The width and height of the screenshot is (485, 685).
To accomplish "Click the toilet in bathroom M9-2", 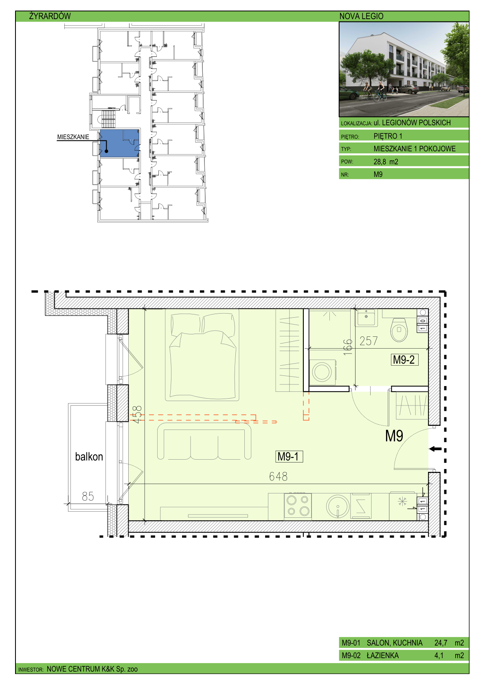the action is (x=399, y=330).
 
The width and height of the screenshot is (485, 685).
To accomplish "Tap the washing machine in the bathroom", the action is (x=323, y=372).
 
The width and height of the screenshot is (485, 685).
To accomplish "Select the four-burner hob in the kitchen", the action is (x=298, y=506).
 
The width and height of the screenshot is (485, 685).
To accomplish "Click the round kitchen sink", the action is (x=338, y=506).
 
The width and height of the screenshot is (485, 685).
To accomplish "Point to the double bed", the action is (x=202, y=355).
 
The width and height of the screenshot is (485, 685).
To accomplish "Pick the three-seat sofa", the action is (x=204, y=441).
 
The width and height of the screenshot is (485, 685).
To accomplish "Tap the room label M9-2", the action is (x=404, y=360).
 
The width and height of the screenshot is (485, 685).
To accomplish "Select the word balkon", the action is (x=89, y=456).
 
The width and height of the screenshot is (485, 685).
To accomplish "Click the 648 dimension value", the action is (x=278, y=476).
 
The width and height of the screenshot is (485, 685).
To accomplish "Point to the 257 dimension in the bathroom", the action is (x=369, y=341).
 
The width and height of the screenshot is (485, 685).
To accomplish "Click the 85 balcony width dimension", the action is (x=88, y=496).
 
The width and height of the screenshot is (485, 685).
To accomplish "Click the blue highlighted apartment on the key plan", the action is (x=119, y=144).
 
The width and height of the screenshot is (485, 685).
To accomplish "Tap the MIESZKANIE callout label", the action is (x=73, y=137).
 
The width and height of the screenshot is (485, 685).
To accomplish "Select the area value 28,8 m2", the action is (x=386, y=162).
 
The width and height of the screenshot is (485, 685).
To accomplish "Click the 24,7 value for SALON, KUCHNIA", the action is (x=441, y=643).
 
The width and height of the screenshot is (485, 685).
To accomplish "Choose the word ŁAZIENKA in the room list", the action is (x=383, y=655).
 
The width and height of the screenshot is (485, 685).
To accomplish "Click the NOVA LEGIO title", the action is (x=361, y=16).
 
